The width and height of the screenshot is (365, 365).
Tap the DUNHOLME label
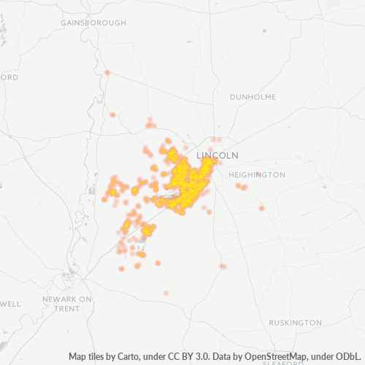[253, 96]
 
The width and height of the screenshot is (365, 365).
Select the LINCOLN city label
[218, 155]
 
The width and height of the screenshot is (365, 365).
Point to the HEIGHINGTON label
[257, 175]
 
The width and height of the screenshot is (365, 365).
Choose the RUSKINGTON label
[295, 323]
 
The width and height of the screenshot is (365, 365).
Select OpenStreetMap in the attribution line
[271, 357]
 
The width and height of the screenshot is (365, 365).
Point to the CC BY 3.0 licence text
[188, 357]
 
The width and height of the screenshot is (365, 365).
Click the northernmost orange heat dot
[107, 72]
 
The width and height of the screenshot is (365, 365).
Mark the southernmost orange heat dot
[166, 292]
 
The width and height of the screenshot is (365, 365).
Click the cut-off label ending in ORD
[9, 77]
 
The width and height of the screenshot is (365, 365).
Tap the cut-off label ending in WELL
[10, 304]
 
